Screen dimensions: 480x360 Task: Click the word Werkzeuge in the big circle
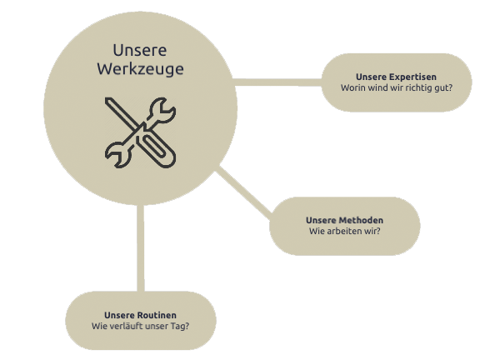[141, 69]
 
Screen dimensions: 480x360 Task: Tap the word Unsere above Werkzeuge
[140, 50]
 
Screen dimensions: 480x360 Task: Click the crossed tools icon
[141, 132]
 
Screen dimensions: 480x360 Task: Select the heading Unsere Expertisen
[396, 77]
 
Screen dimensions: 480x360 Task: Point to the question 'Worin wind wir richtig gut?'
[397, 87]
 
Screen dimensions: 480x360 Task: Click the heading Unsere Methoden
[344, 220]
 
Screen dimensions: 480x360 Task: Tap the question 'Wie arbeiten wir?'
[344, 231]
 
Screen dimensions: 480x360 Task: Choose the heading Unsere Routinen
[140, 315]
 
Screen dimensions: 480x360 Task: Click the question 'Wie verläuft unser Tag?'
[140, 326]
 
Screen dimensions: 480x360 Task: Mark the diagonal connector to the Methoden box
[243, 190]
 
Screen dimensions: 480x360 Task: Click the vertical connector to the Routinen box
[141, 248]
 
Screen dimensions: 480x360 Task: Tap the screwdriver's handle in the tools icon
[157, 150]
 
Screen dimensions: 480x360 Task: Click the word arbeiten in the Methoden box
[340, 231]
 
